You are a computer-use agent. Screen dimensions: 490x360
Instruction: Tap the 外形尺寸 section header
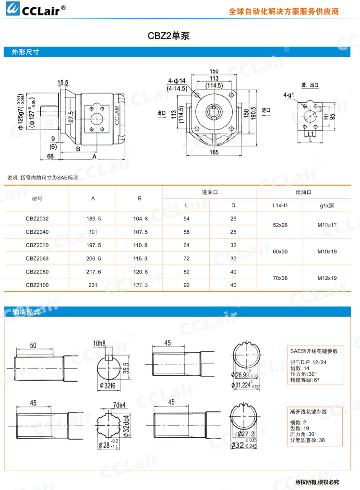click(x=25, y=53)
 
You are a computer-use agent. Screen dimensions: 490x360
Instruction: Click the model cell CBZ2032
click(x=37, y=219)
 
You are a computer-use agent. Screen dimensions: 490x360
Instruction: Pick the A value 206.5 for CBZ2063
click(x=94, y=259)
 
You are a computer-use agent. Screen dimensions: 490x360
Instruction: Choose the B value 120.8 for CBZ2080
click(x=140, y=272)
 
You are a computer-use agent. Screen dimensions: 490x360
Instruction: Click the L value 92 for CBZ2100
click(x=187, y=285)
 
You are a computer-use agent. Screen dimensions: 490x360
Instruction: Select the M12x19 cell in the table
click(x=327, y=278)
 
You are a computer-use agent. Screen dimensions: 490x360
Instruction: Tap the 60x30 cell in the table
click(x=280, y=251)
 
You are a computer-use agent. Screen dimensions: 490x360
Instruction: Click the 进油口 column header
click(x=210, y=192)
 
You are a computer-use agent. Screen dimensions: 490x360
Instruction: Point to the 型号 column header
click(x=37, y=199)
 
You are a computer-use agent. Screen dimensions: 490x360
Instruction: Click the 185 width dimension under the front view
click(x=214, y=152)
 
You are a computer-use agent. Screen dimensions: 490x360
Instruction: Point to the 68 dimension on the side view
click(x=50, y=156)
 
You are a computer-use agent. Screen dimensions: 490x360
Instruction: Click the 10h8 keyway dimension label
click(x=99, y=343)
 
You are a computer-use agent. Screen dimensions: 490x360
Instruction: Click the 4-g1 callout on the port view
click(x=288, y=95)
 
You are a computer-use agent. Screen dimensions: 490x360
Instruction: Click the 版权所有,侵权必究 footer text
click(x=317, y=481)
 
